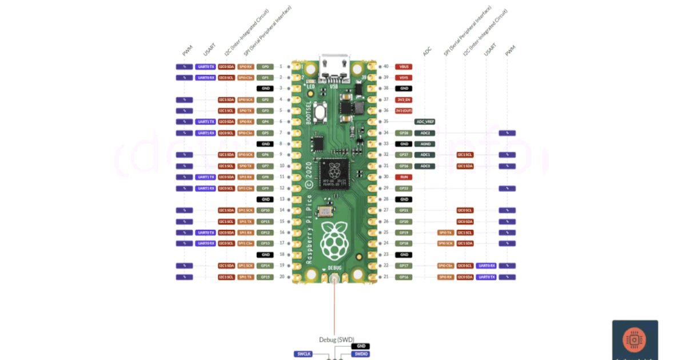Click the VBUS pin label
(404, 67)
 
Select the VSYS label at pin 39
(404, 78)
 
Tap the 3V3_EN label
(404, 99)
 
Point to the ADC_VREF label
(425, 122)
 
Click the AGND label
(425, 144)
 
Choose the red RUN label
(404, 177)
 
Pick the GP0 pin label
(265, 67)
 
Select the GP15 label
(265, 277)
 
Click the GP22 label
(404, 188)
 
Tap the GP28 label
(404, 133)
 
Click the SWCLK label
(304, 354)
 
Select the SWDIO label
(361, 354)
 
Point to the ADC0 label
(425, 166)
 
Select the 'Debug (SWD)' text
(337, 339)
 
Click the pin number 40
(386, 67)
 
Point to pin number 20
(281, 277)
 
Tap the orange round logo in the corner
(635, 341)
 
